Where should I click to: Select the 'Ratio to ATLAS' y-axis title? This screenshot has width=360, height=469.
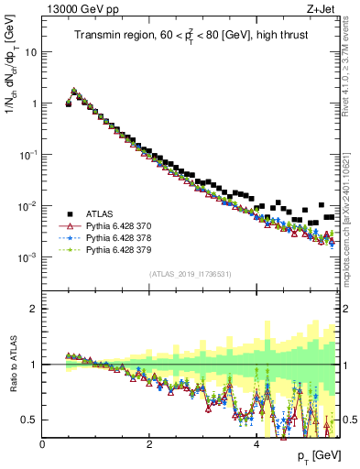(13, 365)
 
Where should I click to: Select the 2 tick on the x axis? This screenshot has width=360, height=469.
(149, 444)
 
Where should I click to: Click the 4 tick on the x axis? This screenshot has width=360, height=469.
(256, 444)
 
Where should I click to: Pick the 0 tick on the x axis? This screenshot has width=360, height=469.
(42, 444)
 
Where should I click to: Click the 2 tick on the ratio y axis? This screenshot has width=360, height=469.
(33, 309)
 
